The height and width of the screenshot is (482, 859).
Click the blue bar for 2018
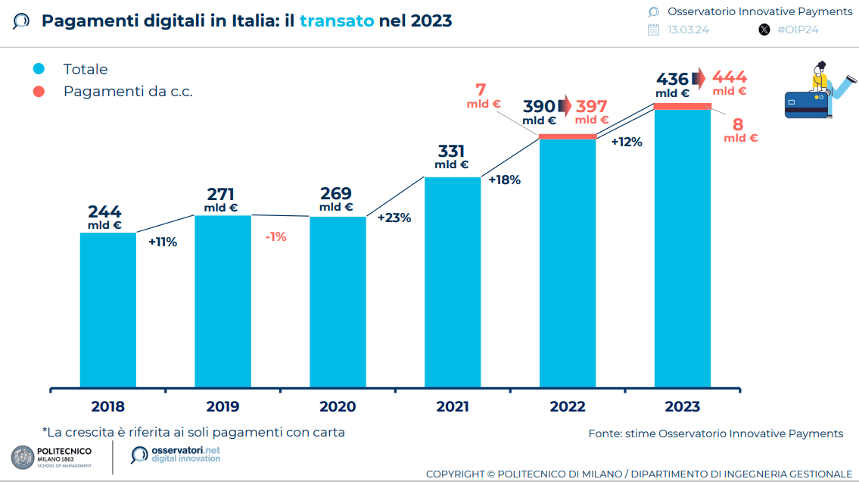(108, 310)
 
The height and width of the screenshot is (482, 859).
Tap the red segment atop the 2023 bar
(683, 106)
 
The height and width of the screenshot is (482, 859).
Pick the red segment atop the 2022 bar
(568, 136)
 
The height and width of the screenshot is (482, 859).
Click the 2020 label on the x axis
(338, 407)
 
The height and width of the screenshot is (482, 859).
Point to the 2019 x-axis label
(223, 407)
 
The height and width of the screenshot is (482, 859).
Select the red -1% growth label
(276, 236)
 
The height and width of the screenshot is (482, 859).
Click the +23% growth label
(394, 218)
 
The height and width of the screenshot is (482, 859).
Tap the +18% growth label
(504, 180)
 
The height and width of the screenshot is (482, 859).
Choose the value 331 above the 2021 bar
(451, 152)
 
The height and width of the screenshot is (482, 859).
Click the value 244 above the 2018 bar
(104, 212)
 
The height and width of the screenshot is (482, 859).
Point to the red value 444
(730, 77)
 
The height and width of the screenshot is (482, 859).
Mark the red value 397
(591, 107)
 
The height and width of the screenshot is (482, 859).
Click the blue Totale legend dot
(39, 69)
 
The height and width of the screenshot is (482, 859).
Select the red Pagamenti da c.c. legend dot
(39, 92)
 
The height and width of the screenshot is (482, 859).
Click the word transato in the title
(337, 20)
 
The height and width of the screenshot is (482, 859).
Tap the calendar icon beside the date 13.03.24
(654, 30)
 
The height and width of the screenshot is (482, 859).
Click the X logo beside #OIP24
(764, 30)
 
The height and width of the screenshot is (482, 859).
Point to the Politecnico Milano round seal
(22, 456)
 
